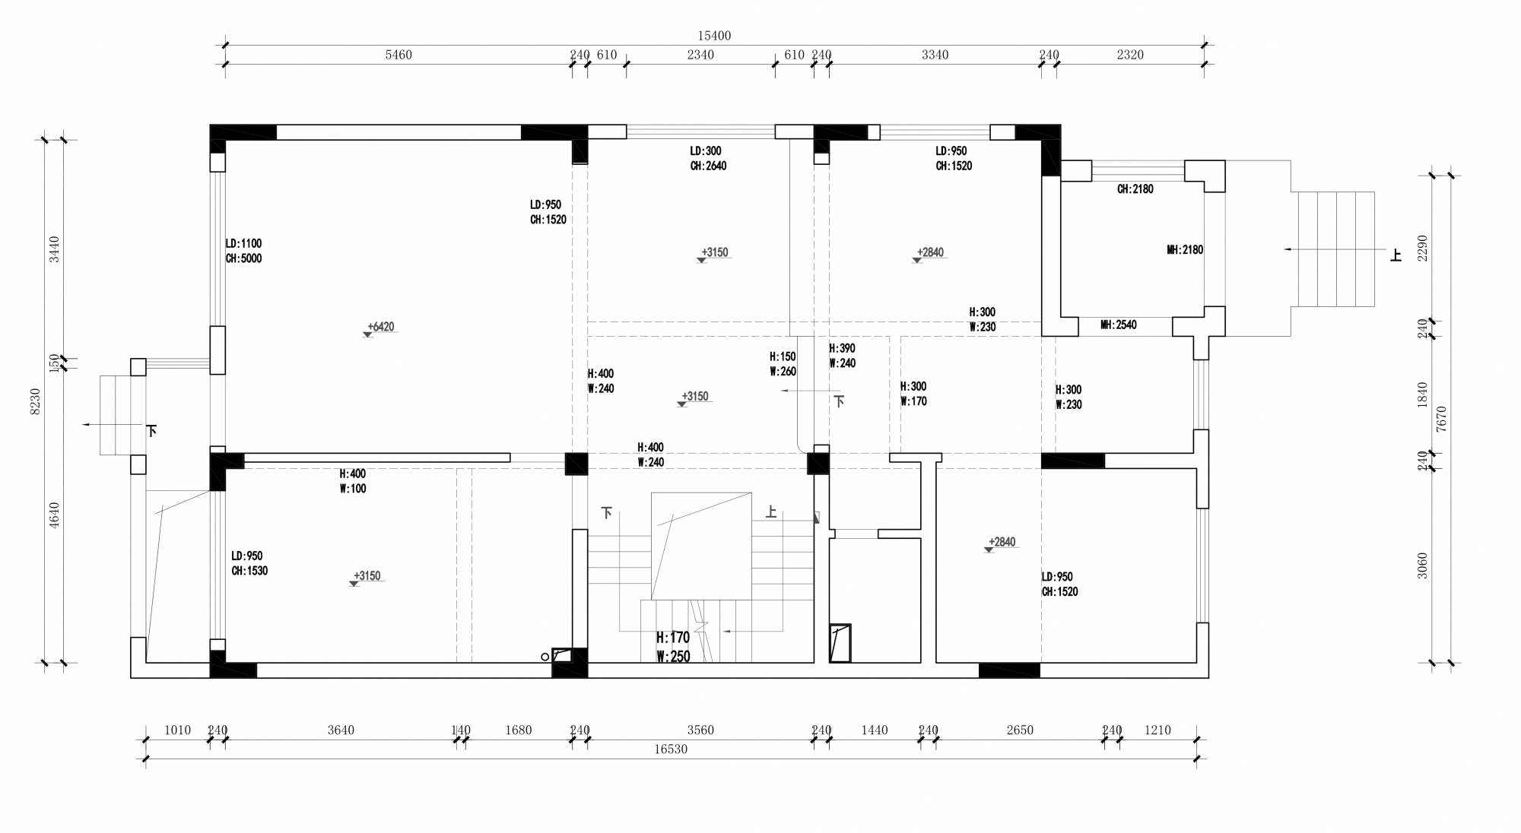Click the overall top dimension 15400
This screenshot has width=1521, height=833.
point(714,36)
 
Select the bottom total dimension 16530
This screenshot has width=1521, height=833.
point(671,749)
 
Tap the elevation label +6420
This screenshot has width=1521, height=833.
point(381,327)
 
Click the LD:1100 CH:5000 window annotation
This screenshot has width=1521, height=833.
point(243,251)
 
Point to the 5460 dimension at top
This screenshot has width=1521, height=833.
point(399,55)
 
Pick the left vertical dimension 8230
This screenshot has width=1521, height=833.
point(35,401)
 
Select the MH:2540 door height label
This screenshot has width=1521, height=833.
point(1119,325)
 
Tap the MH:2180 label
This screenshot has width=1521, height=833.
point(1185,249)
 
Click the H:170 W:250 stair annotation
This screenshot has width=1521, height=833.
point(673,647)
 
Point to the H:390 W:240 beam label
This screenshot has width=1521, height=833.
point(842,356)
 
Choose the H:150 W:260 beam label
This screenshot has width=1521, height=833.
point(783,364)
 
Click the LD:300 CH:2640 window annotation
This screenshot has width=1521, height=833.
point(708,158)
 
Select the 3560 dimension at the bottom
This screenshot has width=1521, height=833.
point(700,730)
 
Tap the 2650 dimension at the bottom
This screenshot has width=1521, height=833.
point(1020,730)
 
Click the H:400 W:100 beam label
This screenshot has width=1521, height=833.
point(353,481)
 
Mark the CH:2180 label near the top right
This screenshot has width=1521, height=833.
point(1135,189)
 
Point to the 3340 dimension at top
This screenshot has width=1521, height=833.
point(935,55)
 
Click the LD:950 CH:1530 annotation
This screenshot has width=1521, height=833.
point(249,563)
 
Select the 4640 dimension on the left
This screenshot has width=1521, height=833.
point(54,515)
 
